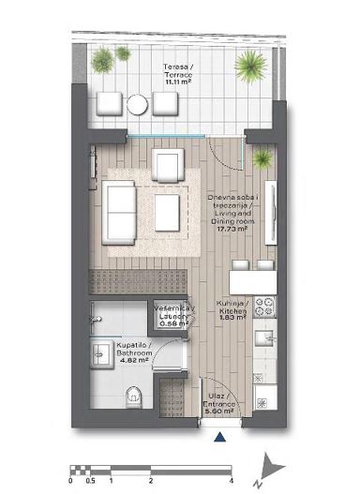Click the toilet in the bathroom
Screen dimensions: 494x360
click(134, 393)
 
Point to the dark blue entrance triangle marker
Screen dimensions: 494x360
click(219, 436)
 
